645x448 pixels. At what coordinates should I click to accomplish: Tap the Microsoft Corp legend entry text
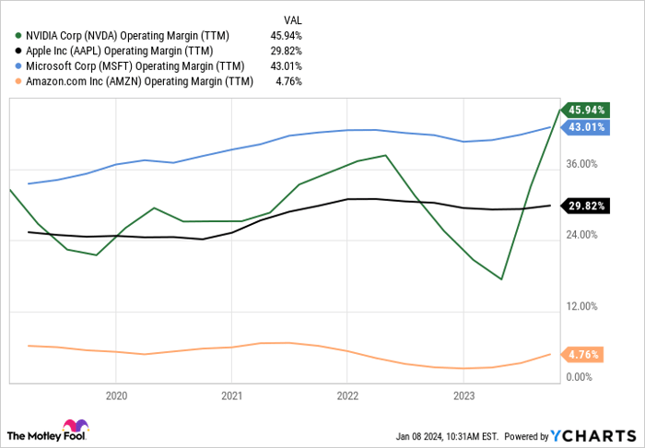tap(133, 66)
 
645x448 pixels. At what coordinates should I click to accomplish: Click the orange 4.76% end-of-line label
tap(584, 354)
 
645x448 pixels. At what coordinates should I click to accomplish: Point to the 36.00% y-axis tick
tap(583, 164)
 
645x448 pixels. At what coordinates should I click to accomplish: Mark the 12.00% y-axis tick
tap(583, 306)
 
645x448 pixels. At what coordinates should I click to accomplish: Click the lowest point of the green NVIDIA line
tap(501, 279)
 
